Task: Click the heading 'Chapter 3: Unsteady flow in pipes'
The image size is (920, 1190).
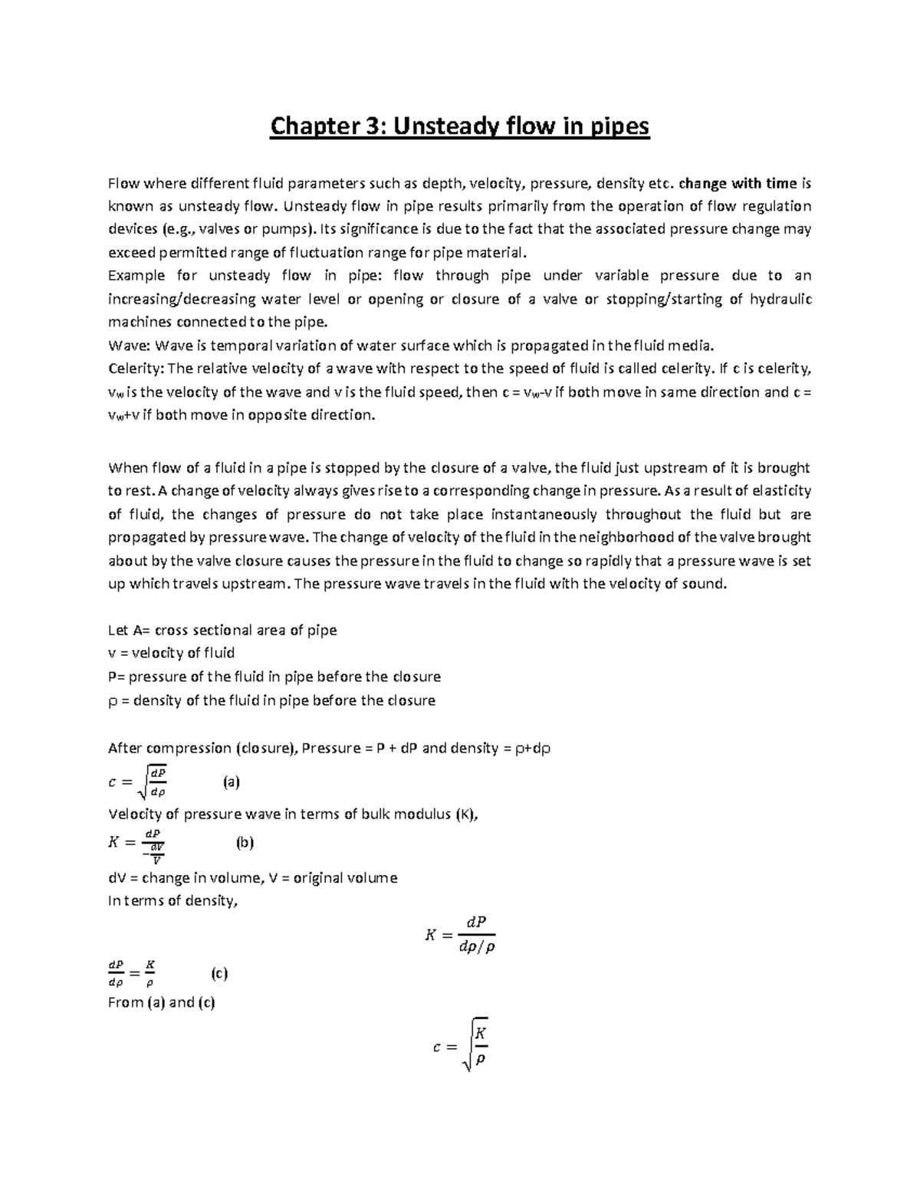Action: click(459, 126)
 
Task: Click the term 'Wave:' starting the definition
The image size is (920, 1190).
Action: click(130, 345)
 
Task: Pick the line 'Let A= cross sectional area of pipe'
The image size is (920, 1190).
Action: click(222, 630)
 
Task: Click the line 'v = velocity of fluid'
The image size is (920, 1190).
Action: click(171, 653)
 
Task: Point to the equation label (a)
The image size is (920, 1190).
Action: click(232, 782)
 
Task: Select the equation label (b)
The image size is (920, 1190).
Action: click(245, 842)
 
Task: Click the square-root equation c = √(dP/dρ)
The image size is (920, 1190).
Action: click(139, 782)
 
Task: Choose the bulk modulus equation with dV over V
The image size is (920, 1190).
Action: click(137, 843)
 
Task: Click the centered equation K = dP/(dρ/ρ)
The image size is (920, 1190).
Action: click(459, 935)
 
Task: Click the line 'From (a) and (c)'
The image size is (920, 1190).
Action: click(162, 1002)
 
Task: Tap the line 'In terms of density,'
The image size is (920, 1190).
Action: click(173, 900)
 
